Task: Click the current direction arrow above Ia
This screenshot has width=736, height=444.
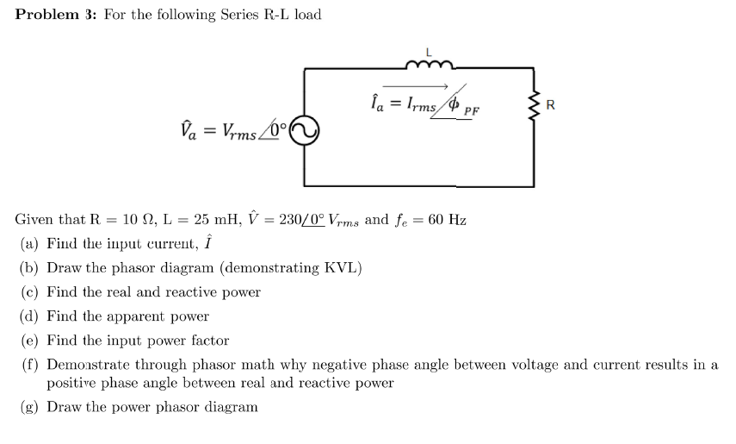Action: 415,85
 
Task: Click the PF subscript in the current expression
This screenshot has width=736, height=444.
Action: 472,111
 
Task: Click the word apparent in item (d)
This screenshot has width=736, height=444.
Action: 129,316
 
